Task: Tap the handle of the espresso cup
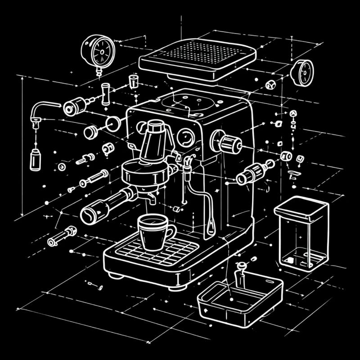(170, 233)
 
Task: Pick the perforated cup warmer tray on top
(198, 58)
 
